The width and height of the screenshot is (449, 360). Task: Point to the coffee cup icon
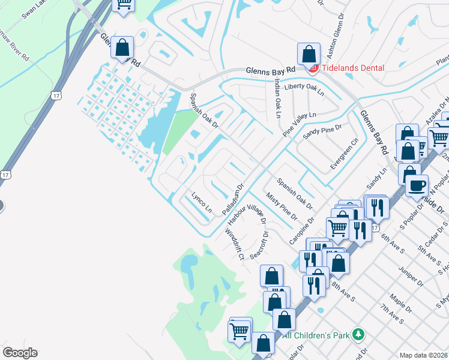point(417,185)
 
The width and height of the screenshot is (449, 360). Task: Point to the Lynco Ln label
point(202,204)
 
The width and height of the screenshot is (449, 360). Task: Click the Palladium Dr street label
point(232,200)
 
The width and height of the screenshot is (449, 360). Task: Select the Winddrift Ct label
point(234,244)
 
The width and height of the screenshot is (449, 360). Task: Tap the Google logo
point(20,353)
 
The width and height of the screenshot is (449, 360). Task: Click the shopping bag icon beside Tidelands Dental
point(308,54)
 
